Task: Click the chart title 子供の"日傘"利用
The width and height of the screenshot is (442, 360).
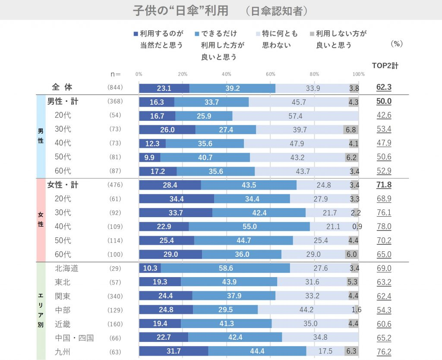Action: [181, 11]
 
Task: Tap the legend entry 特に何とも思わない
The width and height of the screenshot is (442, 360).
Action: [280, 39]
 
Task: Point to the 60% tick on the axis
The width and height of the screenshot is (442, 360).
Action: [271, 74]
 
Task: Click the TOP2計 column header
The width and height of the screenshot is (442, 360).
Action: [385, 66]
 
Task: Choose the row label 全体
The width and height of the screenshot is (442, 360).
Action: [62, 88]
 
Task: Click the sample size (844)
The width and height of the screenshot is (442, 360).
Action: [115, 88]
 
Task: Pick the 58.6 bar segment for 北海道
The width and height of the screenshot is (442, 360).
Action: [225, 268]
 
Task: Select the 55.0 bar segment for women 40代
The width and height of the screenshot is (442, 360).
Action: [249, 227]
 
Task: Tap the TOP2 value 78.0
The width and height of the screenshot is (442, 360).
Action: [384, 227]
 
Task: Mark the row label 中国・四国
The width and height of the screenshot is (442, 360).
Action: [74, 337]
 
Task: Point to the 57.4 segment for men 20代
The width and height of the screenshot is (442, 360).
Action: [295, 116]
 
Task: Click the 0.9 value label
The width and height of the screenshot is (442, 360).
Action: [357, 227]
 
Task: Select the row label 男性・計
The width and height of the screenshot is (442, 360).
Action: [63, 101]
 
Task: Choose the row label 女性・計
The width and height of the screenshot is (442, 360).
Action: [63, 185]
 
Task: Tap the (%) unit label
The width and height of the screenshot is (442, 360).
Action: [396, 44]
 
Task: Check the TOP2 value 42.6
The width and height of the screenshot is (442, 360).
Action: [384, 116]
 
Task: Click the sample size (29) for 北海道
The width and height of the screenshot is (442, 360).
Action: [115, 268]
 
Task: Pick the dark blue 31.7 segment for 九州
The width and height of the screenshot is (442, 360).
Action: [173, 351]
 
